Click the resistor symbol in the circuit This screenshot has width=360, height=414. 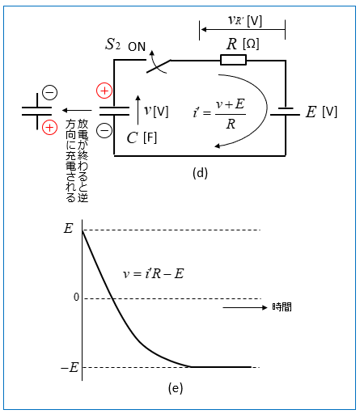click(x=233, y=60)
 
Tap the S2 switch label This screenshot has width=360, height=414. click(x=112, y=44)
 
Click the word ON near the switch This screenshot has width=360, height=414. click(x=137, y=47)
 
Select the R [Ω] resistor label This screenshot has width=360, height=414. click(x=243, y=44)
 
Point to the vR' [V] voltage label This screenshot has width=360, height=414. click(x=245, y=20)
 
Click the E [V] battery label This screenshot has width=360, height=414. click(x=321, y=112)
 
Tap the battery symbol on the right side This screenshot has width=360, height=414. click(x=286, y=112)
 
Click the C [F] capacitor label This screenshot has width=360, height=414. click(x=142, y=138)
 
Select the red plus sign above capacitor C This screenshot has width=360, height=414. click(x=104, y=91)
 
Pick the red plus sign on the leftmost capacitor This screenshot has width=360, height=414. click(x=49, y=128)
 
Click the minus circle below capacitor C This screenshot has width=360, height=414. click(x=104, y=130)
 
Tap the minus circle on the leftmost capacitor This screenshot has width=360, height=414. click(x=50, y=93)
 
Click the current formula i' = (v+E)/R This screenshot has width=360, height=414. click(x=219, y=114)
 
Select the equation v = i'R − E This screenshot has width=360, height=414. click(x=153, y=274)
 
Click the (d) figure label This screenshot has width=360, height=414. click(x=200, y=173)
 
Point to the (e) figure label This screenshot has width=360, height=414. click(x=176, y=388)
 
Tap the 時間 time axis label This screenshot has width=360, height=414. click(x=282, y=307)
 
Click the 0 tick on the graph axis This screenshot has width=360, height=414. click(x=76, y=297)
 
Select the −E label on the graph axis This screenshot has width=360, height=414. click(x=70, y=367)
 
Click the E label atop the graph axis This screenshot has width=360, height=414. click(x=68, y=229)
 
